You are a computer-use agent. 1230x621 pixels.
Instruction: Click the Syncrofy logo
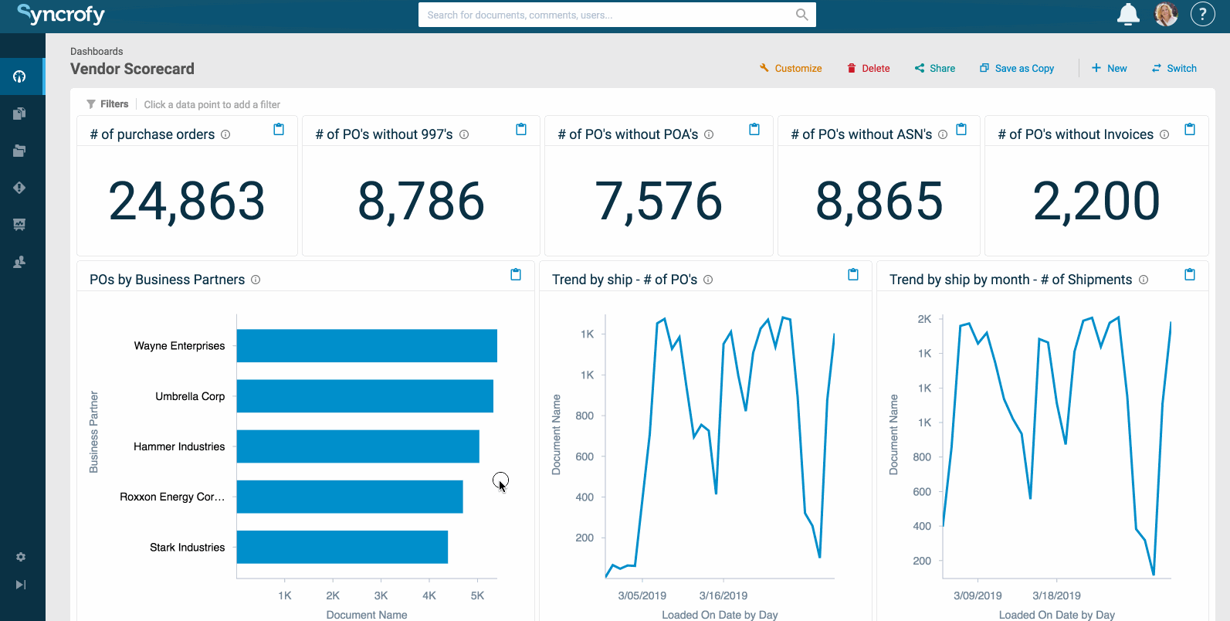[61, 14]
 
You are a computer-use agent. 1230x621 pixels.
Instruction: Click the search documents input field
[606, 15]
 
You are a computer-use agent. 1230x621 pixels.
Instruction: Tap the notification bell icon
[1128, 14]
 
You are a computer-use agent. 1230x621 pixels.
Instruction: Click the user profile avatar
[1166, 14]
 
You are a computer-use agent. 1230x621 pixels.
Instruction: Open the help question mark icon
[1202, 14]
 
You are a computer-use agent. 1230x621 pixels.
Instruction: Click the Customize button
[791, 68]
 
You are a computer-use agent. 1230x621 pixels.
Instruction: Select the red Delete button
[869, 68]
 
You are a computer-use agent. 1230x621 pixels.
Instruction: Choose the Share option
[935, 68]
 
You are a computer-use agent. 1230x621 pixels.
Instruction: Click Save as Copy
[1017, 68]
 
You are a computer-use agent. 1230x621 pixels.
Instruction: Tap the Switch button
[1174, 68]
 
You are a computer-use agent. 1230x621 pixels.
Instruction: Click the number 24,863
[187, 201]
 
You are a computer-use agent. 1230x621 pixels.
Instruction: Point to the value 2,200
[1096, 201]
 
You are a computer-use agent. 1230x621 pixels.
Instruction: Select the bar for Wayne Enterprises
[367, 346]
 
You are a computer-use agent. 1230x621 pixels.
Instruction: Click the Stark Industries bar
[342, 547]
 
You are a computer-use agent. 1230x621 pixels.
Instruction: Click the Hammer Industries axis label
[179, 446]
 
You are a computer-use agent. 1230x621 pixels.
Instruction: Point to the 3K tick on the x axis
[381, 596]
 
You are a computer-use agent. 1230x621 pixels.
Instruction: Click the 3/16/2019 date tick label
[723, 596]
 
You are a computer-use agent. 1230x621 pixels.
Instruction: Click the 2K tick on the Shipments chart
[924, 319]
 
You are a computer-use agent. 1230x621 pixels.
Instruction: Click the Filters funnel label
[107, 104]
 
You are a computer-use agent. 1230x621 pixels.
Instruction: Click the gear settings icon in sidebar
[21, 557]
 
